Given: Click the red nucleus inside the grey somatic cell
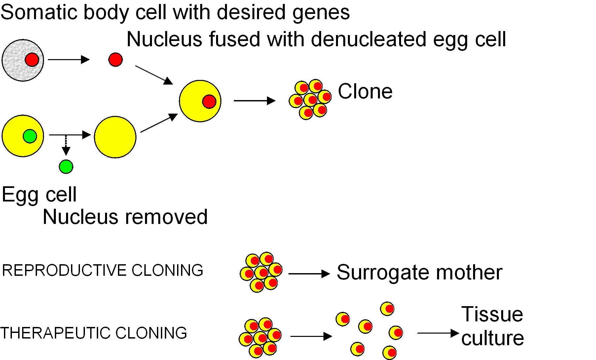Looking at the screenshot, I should (x=32, y=60).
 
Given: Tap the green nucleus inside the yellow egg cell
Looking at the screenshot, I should (x=30, y=136).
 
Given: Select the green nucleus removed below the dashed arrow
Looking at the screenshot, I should (x=66, y=167).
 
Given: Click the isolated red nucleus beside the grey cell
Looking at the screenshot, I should (x=115, y=60).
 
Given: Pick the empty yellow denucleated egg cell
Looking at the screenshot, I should (x=115, y=137).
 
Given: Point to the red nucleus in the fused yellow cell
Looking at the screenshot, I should (x=209, y=101).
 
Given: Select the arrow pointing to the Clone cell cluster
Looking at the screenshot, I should (x=254, y=101).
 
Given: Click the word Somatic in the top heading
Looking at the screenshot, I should (x=39, y=13).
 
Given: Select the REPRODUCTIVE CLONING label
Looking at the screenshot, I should (x=102, y=270).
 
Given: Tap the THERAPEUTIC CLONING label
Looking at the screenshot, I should (x=94, y=333).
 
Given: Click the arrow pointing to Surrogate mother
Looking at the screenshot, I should (x=309, y=273).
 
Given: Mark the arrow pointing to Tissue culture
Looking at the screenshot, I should (x=438, y=333).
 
